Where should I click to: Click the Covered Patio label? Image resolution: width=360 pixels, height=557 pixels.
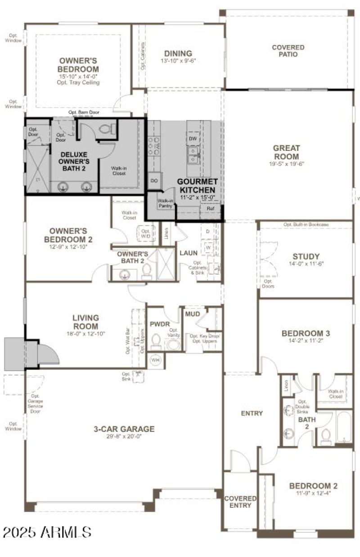point(288,51)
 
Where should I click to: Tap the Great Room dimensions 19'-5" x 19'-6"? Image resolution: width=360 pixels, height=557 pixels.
point(286,164)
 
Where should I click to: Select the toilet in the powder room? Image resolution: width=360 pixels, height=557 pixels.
point(156,342)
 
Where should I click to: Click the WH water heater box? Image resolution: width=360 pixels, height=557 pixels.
point(156,360)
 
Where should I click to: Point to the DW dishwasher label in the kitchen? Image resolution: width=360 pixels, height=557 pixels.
point(193,138)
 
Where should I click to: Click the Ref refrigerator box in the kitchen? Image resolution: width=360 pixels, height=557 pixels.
point(210,209)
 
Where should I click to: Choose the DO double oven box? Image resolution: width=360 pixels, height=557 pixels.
point(154,180)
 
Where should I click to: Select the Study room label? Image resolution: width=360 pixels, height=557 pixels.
point(306,257)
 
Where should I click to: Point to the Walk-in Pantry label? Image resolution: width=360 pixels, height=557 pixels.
point(165,204)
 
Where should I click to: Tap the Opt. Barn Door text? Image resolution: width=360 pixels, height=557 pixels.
point(84,112)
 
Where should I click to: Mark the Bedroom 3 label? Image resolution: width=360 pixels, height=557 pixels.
point(306,334)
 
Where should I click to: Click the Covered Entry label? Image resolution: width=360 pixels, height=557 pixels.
point(240,502)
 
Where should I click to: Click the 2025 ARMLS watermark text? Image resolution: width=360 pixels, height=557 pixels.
point(47,532)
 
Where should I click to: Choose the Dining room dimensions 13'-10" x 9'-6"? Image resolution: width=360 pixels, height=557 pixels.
point(178,61)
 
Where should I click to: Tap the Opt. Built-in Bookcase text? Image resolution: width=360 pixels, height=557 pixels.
point(306,224)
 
